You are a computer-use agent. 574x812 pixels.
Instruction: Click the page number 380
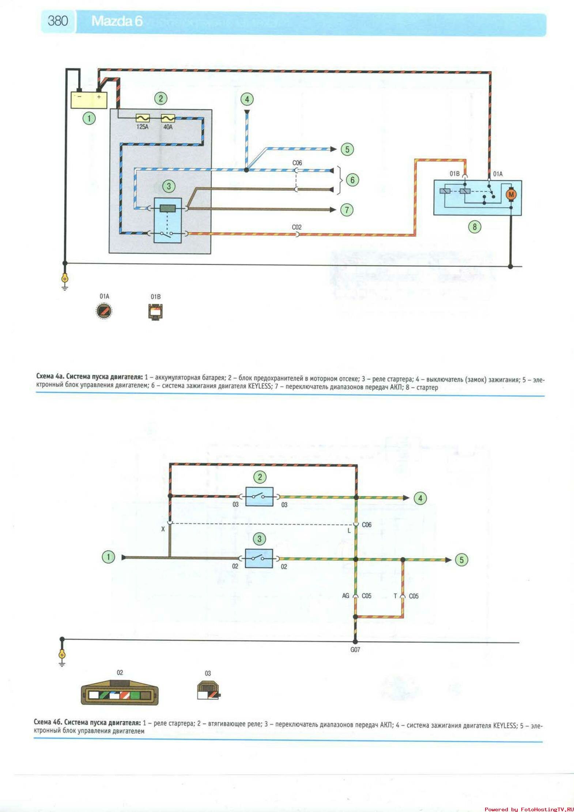(x=58, y=21)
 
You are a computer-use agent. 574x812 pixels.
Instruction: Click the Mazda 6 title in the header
(x=117, y=21)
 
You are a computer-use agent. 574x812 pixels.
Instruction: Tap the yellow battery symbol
(x=89, y=100)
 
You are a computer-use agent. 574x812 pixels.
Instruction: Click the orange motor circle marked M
(x=511, y=194)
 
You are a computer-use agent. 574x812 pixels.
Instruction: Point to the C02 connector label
(x=297, y=227)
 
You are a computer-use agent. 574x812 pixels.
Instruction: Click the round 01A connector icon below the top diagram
(x=104, y=311)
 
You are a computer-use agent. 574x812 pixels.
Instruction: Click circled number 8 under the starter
(x=475, y=227)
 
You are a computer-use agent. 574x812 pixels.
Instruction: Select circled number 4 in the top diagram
(x=247, y=99)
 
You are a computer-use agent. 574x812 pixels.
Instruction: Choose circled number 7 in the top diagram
(x=347, y=210)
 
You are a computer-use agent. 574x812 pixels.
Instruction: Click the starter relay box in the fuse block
(x=168, y=220)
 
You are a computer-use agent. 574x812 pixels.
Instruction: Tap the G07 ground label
(x=355, y=650)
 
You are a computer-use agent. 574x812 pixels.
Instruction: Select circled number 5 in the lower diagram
(x=461, y=559)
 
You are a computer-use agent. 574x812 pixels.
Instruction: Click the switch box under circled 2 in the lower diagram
(x=259, y=497)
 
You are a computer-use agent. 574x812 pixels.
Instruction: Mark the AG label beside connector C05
(x=345, y=596)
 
